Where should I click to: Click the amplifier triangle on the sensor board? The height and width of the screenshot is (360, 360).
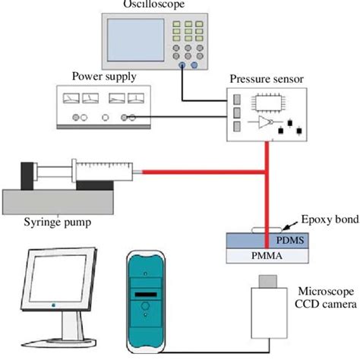click(264, 124)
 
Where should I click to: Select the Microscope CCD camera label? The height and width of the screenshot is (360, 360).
click(321, 298)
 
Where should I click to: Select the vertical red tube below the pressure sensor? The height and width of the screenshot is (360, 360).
click(265, 190)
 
